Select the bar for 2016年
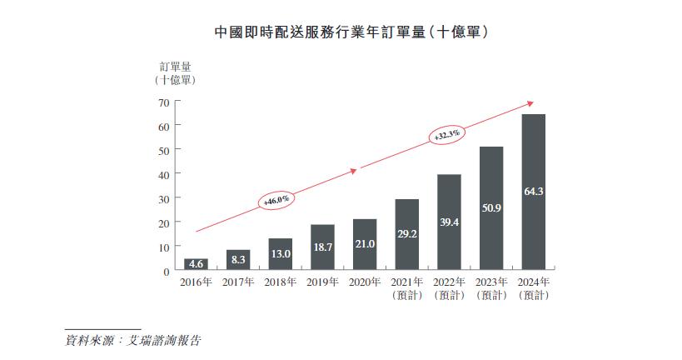196,265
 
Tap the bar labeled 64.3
533,192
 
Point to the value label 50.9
490,207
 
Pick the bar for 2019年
322,247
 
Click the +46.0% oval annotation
276,200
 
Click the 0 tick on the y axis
166,272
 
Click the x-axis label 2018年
280,282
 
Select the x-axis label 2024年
533,282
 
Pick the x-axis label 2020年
365,282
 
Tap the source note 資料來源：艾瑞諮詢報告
133,340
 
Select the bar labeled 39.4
449,222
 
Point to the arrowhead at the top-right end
529,104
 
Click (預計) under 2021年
406,296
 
